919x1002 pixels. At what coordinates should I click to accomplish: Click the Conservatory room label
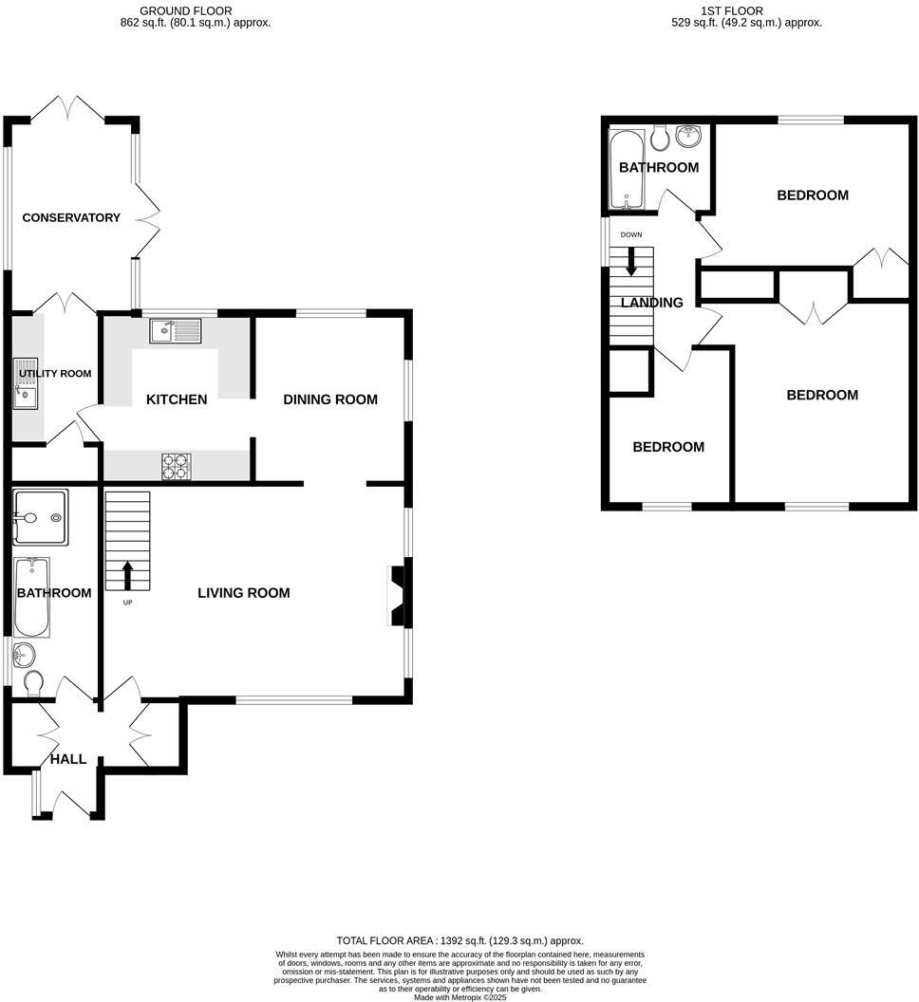coord(71,217)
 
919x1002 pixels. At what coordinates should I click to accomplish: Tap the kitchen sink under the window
coord(175,331)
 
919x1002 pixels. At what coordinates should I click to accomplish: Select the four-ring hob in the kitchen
coord(176,466)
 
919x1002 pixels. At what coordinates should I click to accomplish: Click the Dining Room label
coord(330,399)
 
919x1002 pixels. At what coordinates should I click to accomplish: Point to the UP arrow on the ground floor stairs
coord(126,573)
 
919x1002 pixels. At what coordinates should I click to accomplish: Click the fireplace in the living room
coord(397,595)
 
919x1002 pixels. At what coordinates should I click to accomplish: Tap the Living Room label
coord(243,593)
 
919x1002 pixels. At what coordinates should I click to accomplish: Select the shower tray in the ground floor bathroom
coord(40,518)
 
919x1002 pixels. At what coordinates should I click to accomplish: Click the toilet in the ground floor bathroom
coord(33,683)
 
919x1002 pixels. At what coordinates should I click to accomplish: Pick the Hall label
coord(68,759)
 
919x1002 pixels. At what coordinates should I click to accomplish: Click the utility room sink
coord(26,392)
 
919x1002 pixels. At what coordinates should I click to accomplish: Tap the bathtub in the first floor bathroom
coord(627,171)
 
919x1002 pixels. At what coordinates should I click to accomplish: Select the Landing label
coord(651,303)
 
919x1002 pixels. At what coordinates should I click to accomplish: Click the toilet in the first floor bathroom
coord(661,138)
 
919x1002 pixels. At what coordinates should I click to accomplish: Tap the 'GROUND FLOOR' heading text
coord(185,10)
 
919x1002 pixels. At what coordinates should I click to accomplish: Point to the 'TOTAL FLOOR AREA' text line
coord(459,940)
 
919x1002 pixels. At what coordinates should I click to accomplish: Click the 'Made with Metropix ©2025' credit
coord(459,996)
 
